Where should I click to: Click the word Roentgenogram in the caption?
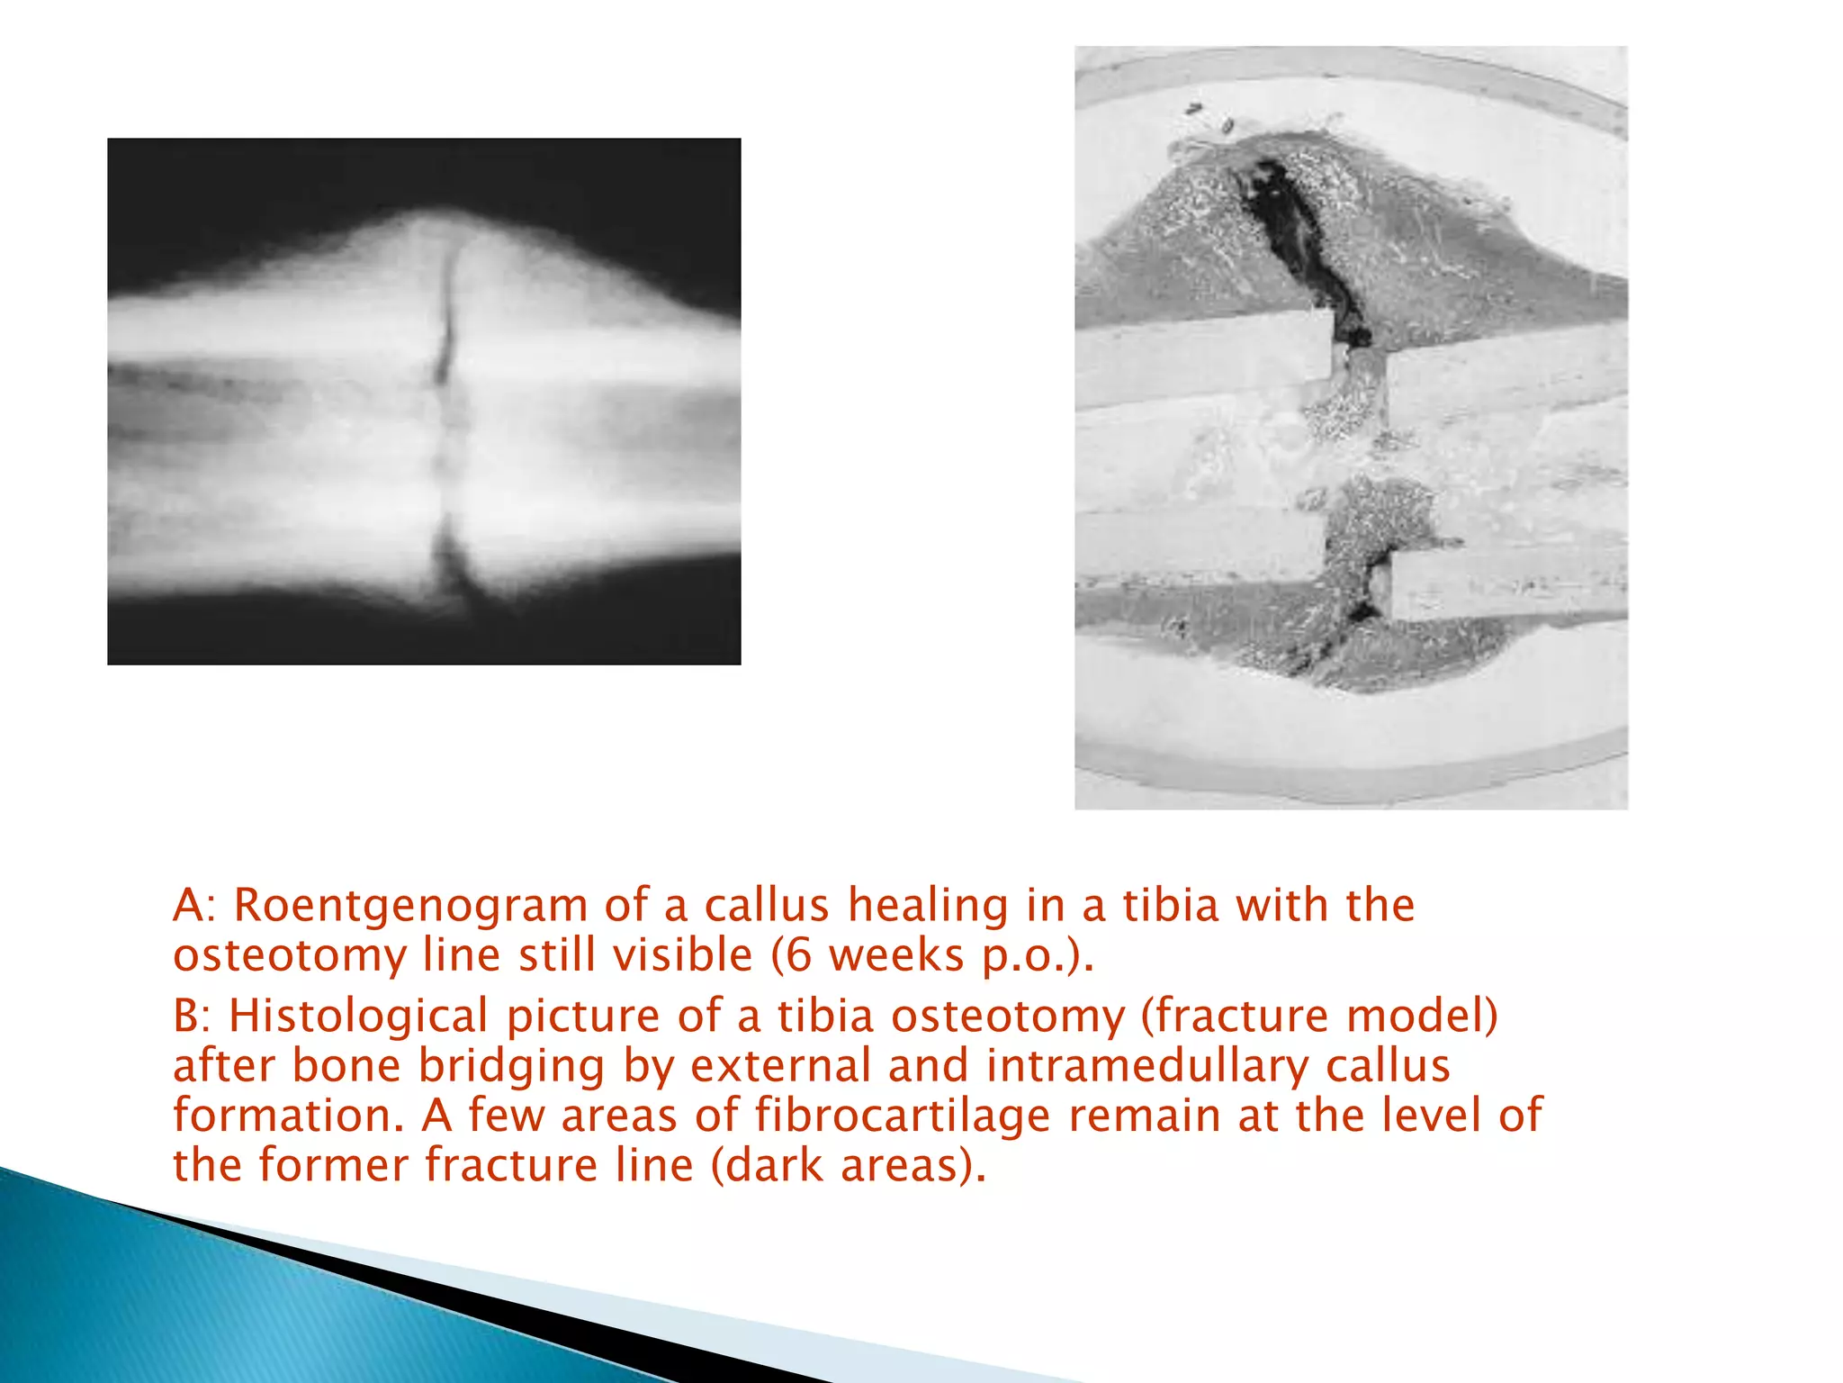click(x=410, y=906)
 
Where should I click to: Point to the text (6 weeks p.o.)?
click(x=932, y=955)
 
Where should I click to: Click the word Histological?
click(x=358, y=1017)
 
